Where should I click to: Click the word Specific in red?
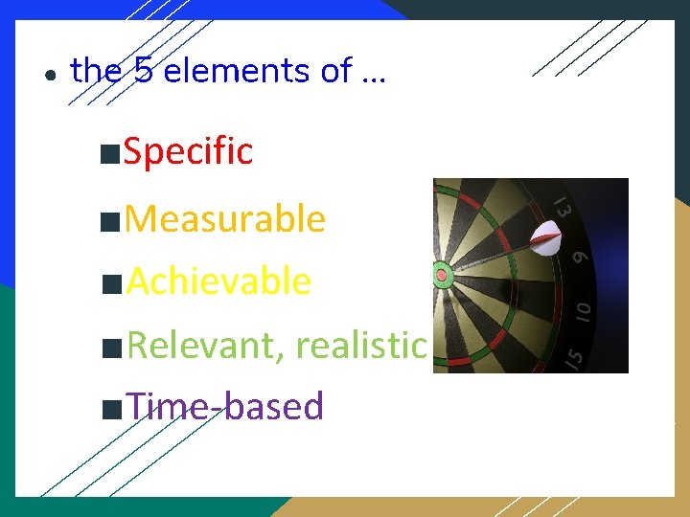[188, 151]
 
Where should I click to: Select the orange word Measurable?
[225, 219]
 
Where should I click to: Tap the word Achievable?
[218, 281]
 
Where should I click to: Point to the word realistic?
[360, 345]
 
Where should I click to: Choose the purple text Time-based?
[225, 406]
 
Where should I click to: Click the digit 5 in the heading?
[144, 71]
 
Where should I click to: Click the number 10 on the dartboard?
[583, 310]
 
